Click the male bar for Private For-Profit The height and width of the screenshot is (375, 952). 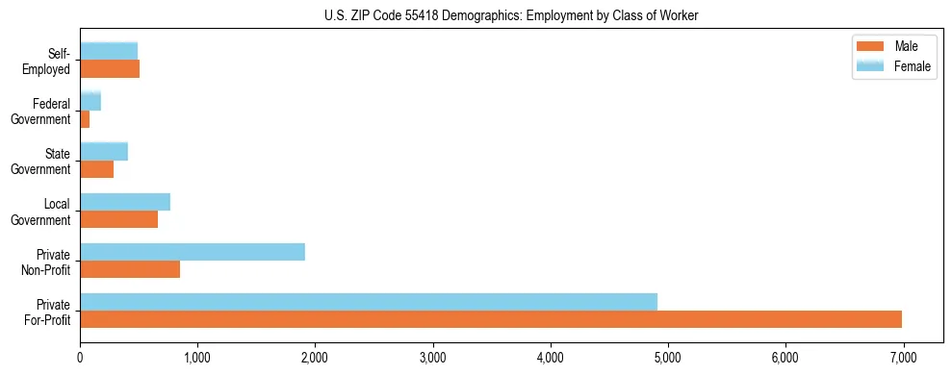click(x=491, y=319)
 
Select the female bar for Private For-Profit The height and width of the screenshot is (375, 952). click(x=369, y=302)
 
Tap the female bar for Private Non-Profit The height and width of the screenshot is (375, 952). click(x=193, y=252)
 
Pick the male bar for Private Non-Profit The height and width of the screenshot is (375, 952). click(x=130, y=269)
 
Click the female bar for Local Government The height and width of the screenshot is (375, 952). click(x=125, y=202)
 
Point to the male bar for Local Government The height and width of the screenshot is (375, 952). click(x=118, y=219)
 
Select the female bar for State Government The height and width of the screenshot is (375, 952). click(x=104, y=151)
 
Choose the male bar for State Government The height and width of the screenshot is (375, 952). click(x=97, y=169)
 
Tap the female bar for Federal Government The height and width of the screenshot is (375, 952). click(x=90, y=101)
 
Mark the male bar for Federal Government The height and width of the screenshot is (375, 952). click(x=85, y=119)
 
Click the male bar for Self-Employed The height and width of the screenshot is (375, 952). click(x=110, y=69)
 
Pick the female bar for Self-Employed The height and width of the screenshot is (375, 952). click(x=109, y=51)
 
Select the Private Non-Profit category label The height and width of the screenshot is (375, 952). click(x=51, y=262)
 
